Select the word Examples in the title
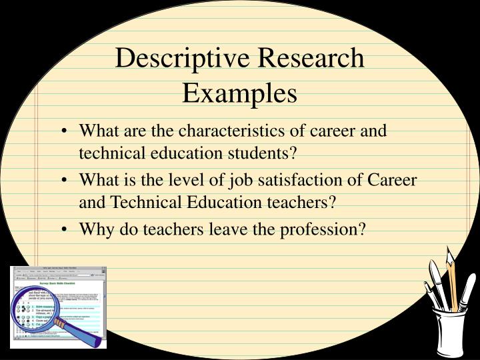coord(240,93)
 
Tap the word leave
coord(223,229)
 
